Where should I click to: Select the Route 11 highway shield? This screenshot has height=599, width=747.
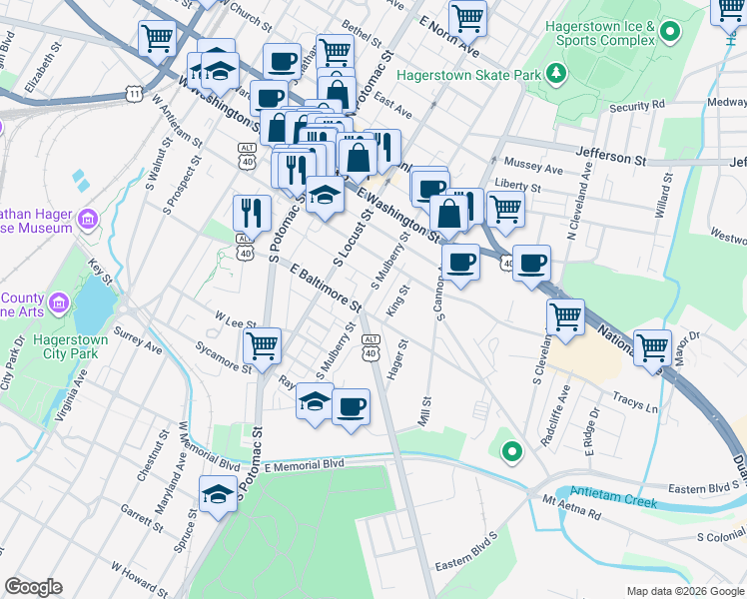click(133, 93)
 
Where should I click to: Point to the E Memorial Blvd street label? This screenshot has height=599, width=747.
click(299, 464)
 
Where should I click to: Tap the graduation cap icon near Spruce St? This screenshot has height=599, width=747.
click(217, 494)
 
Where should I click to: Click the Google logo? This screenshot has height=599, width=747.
click(33, 587)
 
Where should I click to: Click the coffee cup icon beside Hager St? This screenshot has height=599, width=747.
click(351, 406)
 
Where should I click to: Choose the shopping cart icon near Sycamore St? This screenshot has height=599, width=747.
click(262, 346)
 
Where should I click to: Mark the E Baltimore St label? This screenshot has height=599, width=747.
click(325, 286)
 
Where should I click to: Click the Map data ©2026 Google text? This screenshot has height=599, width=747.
click(684, 590)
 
